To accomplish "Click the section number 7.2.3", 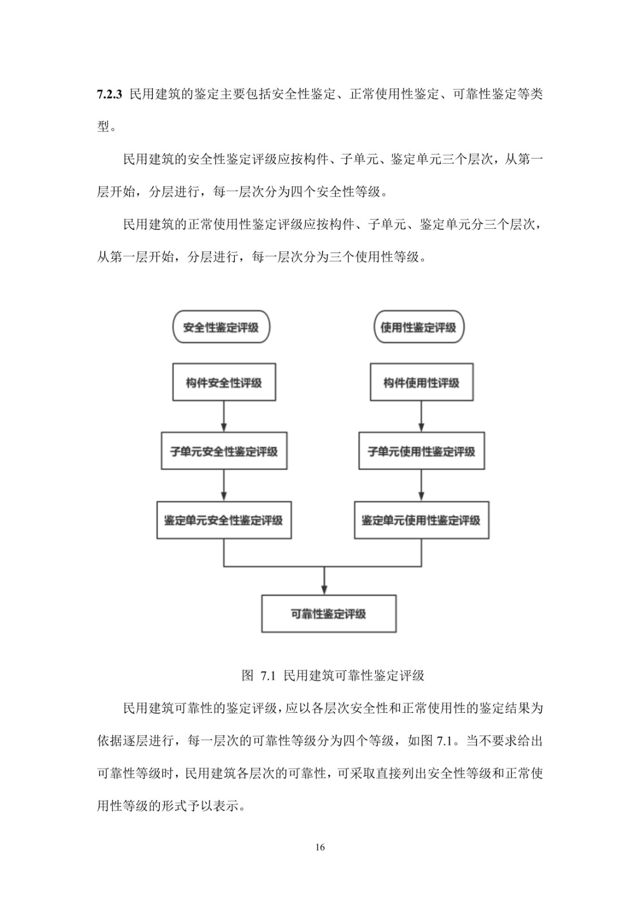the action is point(109,95).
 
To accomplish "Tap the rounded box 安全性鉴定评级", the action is point(221,327).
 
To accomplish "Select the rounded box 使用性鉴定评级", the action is point(418,327).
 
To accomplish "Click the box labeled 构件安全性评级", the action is point(224,382).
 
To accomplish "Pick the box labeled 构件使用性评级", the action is point(422,382).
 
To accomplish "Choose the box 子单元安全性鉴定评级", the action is point(224,451).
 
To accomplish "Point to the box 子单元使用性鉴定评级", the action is point(422,451).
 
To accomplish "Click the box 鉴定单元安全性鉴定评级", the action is point(224,520).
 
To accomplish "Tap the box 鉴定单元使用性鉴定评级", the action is point(422,520).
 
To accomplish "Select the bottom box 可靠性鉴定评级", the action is point(329,614).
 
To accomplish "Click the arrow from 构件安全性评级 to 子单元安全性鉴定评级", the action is point(224,416).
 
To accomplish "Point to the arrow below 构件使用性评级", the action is point(421,416).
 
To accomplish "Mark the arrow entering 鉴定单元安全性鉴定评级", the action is point(224,485).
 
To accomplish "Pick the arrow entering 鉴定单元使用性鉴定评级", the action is point(421,485).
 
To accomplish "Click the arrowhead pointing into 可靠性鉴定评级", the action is point(324,590).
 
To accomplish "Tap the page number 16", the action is point(320,847).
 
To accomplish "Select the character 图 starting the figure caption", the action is point(247,676).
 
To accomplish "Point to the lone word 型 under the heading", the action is point(103,127).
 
